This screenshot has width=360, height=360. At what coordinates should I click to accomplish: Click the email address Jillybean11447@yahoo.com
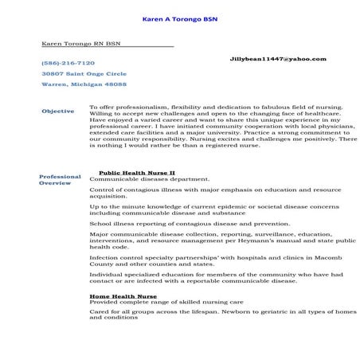pos(277,59)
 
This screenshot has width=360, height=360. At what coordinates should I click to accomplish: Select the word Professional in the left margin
pos(60,177)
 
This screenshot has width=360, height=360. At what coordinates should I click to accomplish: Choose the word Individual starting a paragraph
pos(106,273)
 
